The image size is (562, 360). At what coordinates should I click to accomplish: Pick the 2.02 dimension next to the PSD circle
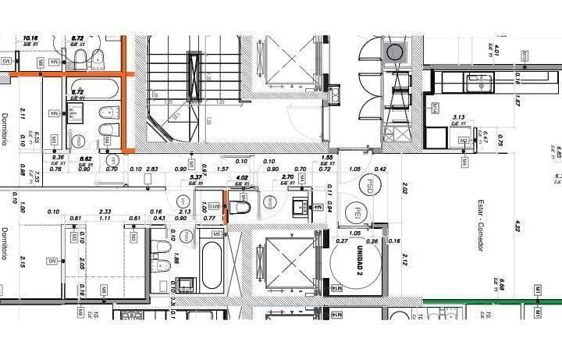[404, 188]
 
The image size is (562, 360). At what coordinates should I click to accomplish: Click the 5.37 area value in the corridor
[197, 177]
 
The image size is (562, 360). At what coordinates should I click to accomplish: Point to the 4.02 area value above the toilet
[242, 177]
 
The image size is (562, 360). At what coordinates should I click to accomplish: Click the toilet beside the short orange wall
[240, 207]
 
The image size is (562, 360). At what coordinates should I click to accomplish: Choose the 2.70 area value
[286, 177]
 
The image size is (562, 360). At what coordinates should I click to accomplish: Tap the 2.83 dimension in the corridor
[152, 169]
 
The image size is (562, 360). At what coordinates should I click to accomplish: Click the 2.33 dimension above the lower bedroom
[105, 212]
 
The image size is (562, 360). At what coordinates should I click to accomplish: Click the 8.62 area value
[86, 159]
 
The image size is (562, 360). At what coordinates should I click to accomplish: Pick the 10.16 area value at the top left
[30, 37]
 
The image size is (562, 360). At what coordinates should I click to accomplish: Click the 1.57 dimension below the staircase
[222, 169]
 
